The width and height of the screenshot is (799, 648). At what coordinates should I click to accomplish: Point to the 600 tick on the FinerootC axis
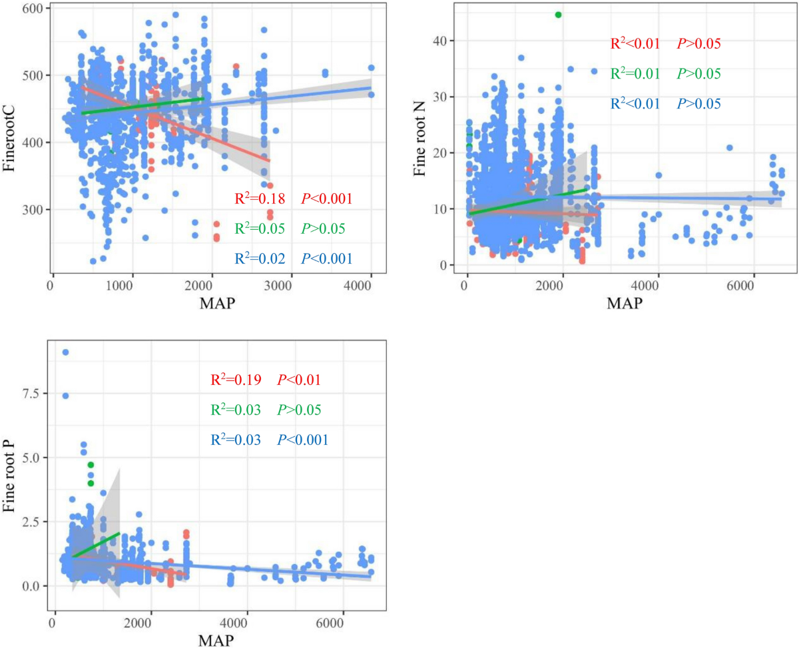pyautogui.click(x=31, y=9)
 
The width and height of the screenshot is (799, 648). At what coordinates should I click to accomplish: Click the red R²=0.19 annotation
pyautogui.click(x=235, y=380)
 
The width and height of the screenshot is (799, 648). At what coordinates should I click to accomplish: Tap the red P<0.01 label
pyautogui.click(x=299, y=380)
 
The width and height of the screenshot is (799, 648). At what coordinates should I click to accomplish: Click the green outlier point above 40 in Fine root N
pyautogui.click(x=558, y=15)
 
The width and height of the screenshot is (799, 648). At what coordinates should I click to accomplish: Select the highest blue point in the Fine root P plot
pyautogui.click(x=65, y=352)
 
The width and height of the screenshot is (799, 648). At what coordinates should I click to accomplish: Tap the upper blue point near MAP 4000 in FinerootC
pyautogui.click(x=372, y=68)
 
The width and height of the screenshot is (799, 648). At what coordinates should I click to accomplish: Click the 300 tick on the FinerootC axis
pyautogui.click(x=31, y=210)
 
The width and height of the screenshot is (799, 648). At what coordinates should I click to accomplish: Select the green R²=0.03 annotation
pyautogui.click(x=235, y=410)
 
